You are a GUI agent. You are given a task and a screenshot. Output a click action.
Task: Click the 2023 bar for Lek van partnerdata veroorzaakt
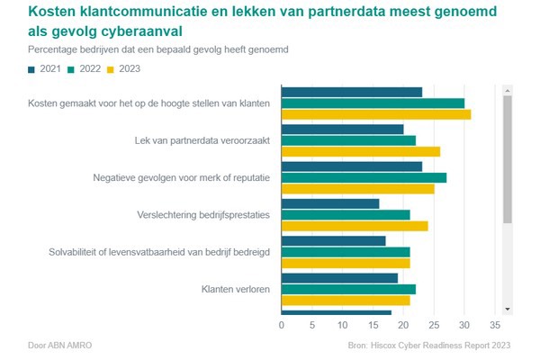[361, 151]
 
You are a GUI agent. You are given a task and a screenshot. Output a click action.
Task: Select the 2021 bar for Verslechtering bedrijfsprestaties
[330, 203]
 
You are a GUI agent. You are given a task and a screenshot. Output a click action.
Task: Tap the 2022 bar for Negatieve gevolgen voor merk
[364, 177]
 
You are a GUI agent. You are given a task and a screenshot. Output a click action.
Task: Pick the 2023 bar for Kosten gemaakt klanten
[376, 114]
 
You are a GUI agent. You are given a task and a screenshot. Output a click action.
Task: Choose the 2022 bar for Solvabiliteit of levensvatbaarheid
[346, 251]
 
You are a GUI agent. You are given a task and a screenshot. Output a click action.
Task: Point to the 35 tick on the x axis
[494, 325]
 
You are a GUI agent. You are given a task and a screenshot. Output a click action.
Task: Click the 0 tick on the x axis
[282, 325]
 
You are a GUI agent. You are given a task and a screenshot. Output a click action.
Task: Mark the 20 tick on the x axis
[403, 325]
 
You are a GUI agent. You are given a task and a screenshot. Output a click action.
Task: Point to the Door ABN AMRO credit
[59, 345]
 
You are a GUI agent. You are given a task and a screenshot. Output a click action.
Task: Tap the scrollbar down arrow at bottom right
[508, 309]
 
